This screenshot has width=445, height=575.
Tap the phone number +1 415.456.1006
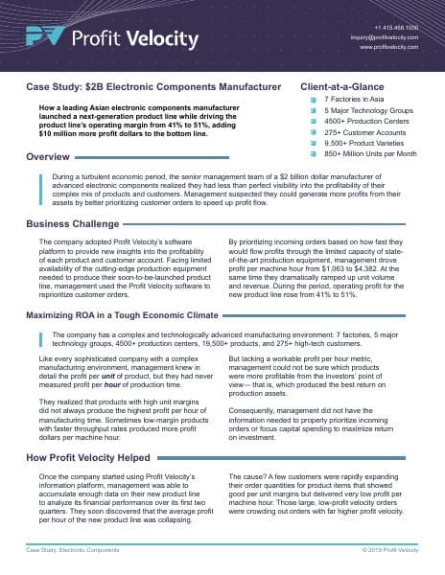click(x=390, y=28)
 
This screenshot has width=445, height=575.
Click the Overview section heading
click(x=47, y=156)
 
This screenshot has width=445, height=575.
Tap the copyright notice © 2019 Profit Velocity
click(x=389, y=551)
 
